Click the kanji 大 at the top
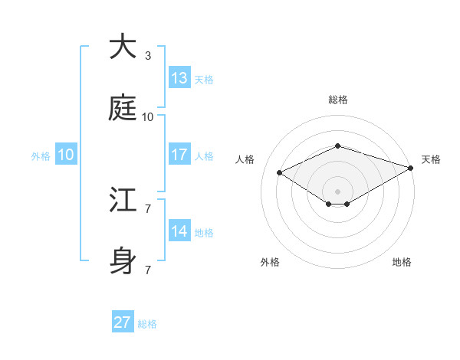click(x=123, y=47)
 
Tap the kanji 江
click(x=123, y=201)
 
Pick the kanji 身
click(x=123, y=262)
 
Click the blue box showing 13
click(x=179, y=78)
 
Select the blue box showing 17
click(x=179, y=155)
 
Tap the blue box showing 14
click(x=179, y=231)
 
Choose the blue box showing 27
click(x=123, y=322)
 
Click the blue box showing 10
click(x=66, y=155)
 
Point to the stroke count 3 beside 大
click(x=147, y=56)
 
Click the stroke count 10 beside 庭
click(x=147, y=117)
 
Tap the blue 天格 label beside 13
click(x=204, y=79)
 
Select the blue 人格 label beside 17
click(x=204, y=155)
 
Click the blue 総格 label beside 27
click(x=147, y=324)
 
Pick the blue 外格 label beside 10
click(x=41, y=155)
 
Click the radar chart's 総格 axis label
click(x=337, y=100)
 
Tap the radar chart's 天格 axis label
click(x=431, y=159)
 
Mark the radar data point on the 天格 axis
click(x=412, y=167)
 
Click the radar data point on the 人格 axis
click(x=279, y=172)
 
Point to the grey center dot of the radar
click(x=337, y=191)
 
